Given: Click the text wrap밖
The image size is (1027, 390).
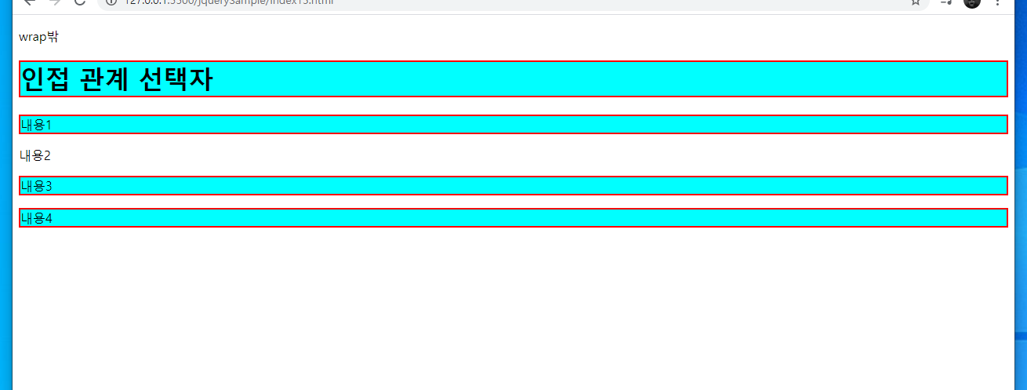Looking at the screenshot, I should pos(38,37).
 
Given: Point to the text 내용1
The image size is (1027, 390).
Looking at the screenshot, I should pos(35,125).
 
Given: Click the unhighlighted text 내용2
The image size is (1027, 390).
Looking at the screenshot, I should pos(35,155).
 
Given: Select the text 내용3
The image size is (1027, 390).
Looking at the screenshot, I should pos(35,186).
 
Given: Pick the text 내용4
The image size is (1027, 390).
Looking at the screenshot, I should pos(35,218).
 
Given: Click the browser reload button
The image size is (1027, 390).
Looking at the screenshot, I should pos(79,2).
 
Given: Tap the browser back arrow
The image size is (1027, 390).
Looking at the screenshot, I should pos(30,2).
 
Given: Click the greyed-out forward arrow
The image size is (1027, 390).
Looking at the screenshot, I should pos(54,2).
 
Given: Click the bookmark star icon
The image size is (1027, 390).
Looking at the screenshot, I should pos(916,2).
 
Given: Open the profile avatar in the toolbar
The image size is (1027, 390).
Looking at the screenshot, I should pos(972,2).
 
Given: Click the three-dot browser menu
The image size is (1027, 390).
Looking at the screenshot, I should pos(997,2).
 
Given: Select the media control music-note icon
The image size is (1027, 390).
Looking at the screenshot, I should pos(946,2).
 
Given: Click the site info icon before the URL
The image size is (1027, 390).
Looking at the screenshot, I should pos(111,2).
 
